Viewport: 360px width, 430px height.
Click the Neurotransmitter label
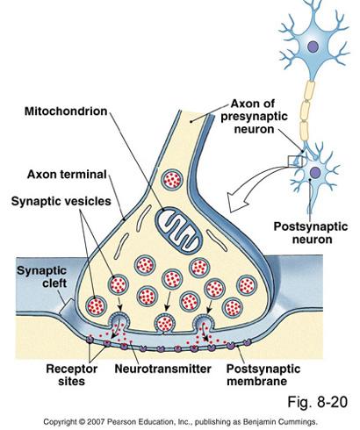coord(155,369)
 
